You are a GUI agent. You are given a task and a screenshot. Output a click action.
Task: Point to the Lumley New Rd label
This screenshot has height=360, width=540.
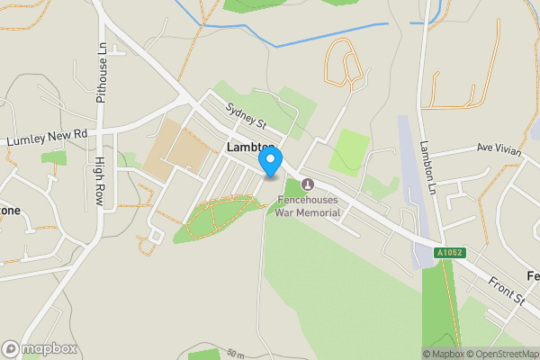coord(46,137)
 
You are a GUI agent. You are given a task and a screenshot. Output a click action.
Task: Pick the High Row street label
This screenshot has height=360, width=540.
coord(100,181)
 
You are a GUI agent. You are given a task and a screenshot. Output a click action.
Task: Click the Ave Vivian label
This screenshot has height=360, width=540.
coord(499,149)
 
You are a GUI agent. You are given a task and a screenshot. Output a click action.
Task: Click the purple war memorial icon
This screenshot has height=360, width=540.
coord(308,184)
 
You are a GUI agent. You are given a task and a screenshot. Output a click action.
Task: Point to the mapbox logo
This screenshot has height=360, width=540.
coord(39,348)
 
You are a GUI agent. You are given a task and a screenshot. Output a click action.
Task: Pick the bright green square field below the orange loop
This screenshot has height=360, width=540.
coord(349,151)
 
